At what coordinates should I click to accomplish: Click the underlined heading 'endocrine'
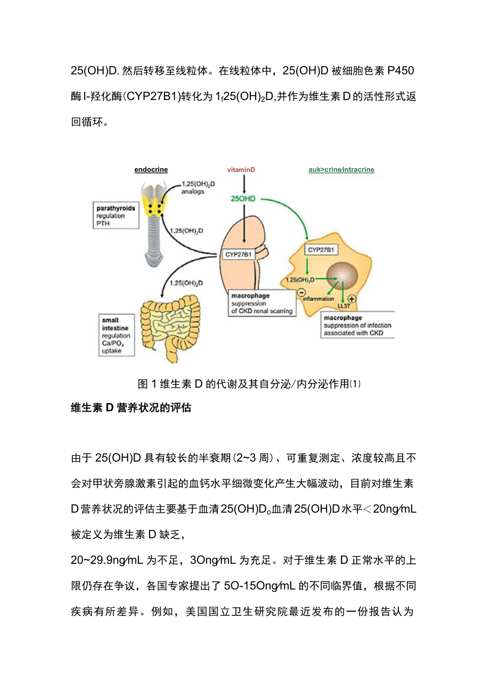151,170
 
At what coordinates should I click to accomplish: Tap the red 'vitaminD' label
241,170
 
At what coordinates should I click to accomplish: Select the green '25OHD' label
243,199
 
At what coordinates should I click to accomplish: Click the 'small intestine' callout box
117,336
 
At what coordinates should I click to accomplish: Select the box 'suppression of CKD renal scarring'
262,303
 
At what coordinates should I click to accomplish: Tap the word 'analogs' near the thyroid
192,191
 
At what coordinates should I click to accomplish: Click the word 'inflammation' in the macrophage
318,299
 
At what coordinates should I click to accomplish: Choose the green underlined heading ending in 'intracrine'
341,170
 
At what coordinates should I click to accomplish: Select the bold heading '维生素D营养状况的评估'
131,408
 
